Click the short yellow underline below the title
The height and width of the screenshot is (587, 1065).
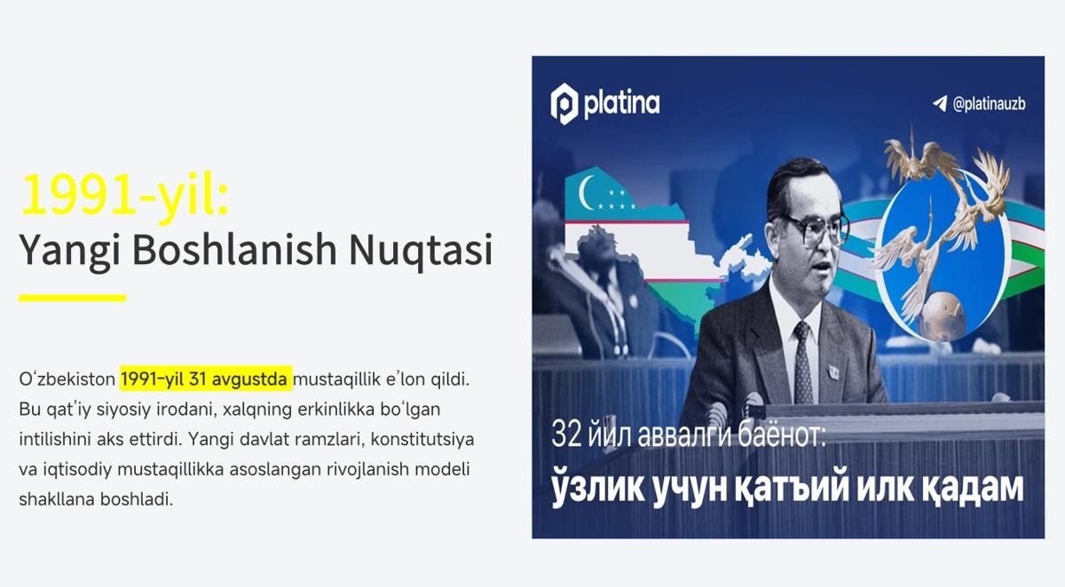point(72,298)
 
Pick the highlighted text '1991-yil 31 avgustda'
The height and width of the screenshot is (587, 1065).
point(204,379)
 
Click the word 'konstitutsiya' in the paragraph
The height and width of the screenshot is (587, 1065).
point(422,439)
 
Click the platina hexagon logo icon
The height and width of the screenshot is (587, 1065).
point(564,104)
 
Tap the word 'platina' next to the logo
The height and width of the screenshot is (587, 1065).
point(621,104)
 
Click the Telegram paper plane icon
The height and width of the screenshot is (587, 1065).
point(940,103)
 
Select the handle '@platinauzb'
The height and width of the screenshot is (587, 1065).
point(989,104)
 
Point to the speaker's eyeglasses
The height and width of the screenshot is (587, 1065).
point(815,230)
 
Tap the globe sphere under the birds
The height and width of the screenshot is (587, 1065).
point(943,315)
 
